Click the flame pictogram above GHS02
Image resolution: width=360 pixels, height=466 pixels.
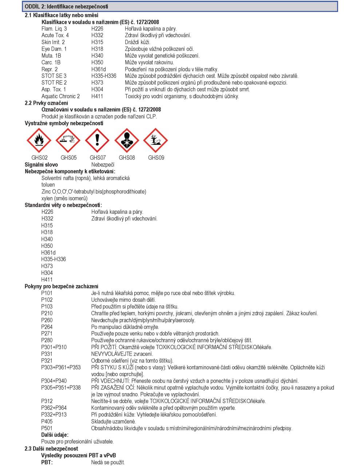pos(39,140)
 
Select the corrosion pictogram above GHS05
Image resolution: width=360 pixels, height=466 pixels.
pos(68,140)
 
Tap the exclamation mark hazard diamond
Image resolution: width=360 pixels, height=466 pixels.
pos(98,140)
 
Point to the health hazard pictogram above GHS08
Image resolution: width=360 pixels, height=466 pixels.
pos(127,140)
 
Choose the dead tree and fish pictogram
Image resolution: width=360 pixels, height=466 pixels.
pos(156,140)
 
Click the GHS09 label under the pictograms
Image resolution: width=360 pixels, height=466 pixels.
pos(156,158)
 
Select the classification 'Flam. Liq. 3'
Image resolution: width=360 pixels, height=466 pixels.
pos(54,29)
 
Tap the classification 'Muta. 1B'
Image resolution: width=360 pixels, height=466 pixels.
pos(51,56)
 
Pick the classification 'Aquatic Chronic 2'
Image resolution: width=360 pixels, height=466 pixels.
pos(61,96)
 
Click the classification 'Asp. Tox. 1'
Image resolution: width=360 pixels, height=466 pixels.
pos(54,90)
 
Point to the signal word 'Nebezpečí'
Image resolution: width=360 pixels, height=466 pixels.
pos(103,165)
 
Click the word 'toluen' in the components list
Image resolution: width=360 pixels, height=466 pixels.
pos(48,185)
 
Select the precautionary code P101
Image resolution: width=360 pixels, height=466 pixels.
pos(47,293)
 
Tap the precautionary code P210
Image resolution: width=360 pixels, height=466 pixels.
pos(47,313)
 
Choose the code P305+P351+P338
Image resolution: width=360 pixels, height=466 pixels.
pos(61,388)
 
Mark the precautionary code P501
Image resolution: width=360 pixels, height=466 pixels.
pos(47,428)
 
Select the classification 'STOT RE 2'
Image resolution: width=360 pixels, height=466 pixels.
pos(54,83)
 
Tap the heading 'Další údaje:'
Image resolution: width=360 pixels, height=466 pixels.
pos(55,435)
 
